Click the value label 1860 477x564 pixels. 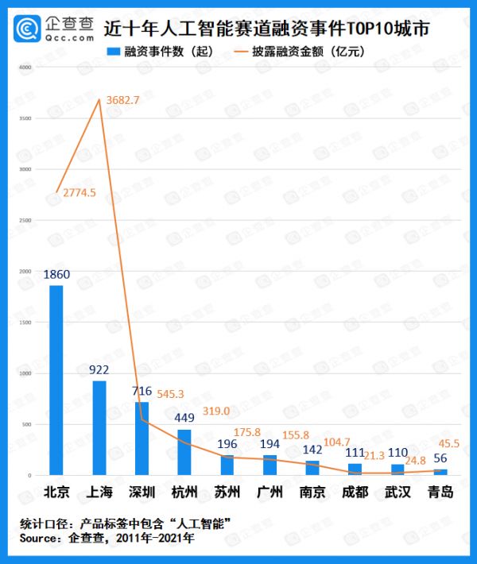(56, 275)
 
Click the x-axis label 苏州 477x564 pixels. (227, 493)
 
